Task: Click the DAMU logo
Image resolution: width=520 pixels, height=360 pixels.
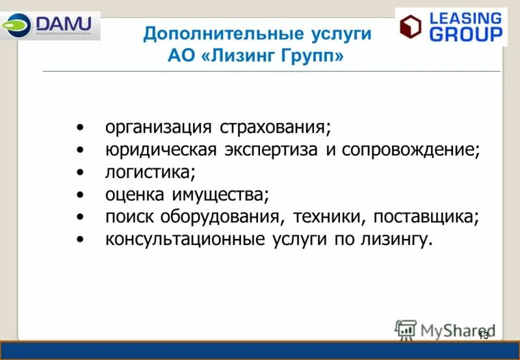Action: click(x=50, y=25)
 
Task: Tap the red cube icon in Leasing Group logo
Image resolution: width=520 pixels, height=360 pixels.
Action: click(x=410, y=27)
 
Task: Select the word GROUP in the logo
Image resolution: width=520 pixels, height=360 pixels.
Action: click(x=466, y=34)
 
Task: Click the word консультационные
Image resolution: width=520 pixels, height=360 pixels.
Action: click(x=185, y=239)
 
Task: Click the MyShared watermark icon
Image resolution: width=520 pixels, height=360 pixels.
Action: click(x=406, y=330)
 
